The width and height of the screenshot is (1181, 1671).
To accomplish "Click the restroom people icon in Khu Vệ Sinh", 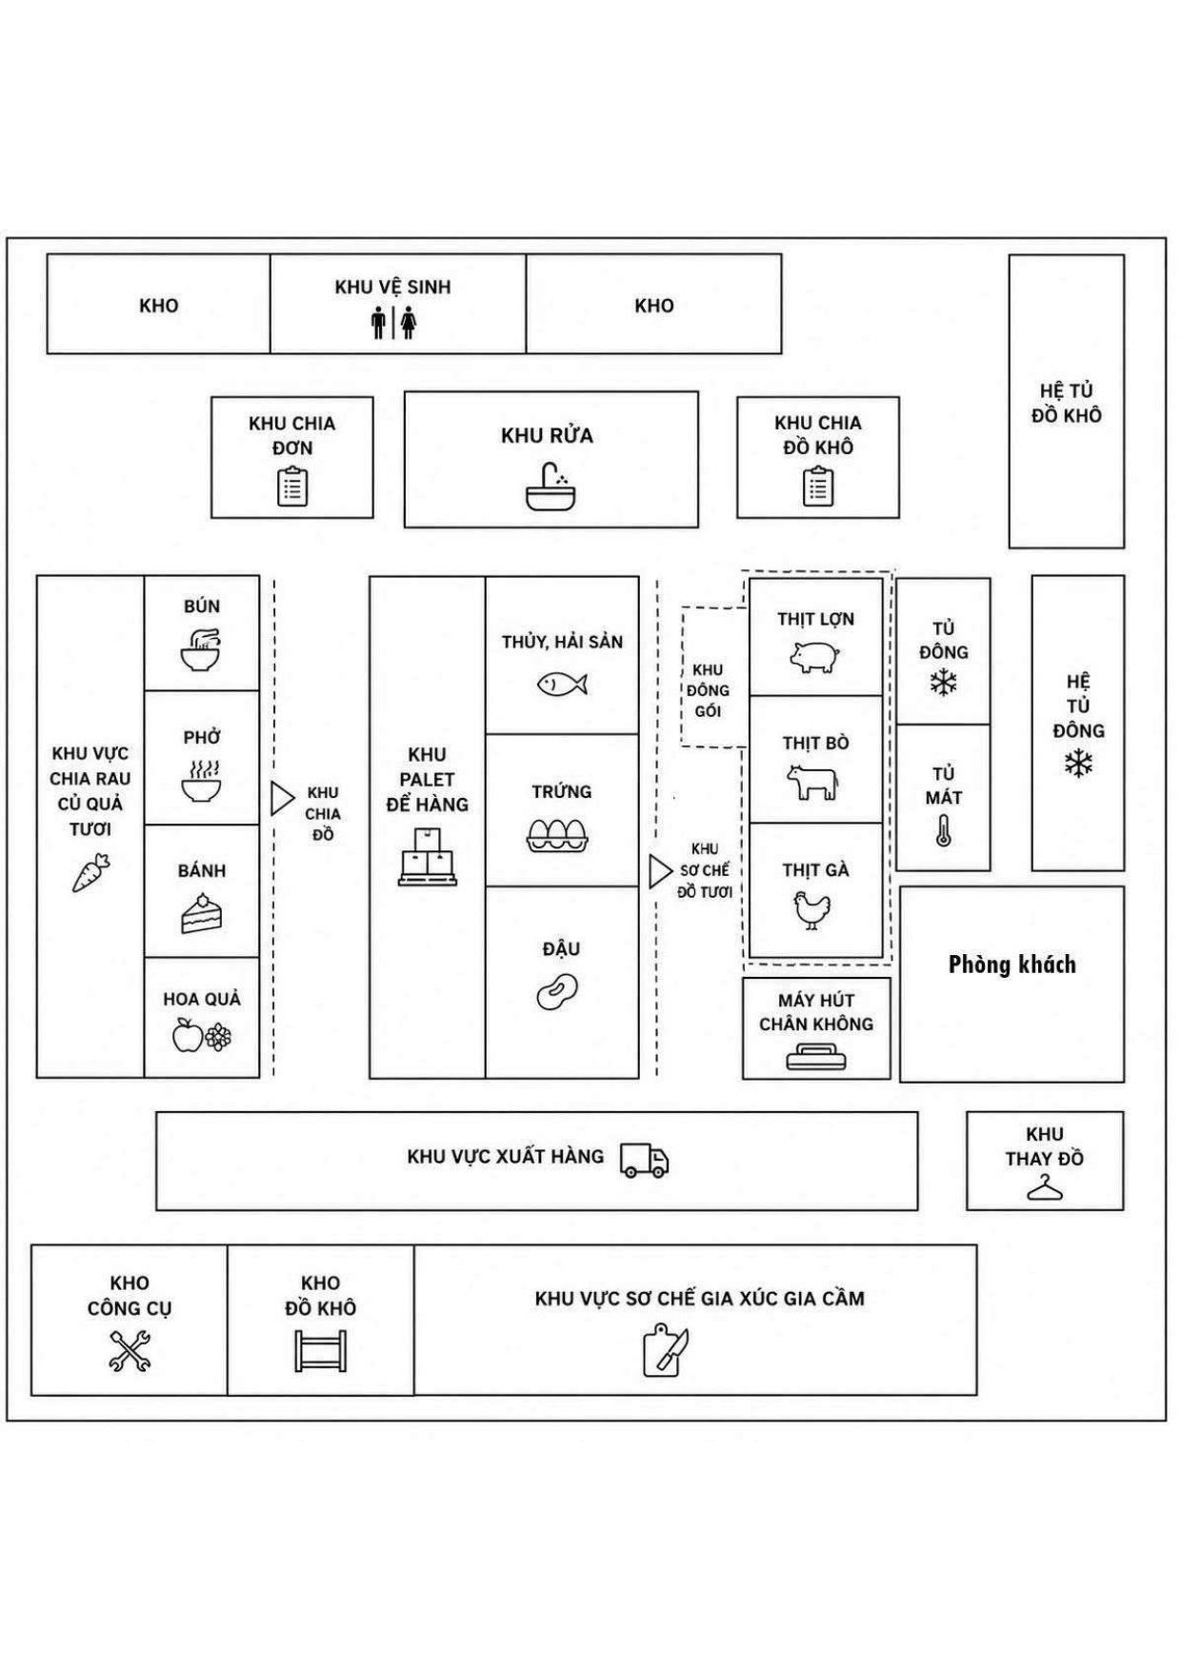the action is [393, 322].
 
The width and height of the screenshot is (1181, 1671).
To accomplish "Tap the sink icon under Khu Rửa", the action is [550, 487].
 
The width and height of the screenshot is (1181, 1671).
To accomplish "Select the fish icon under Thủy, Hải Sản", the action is [562, 684].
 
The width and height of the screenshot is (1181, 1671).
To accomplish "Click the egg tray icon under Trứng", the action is [558, 835].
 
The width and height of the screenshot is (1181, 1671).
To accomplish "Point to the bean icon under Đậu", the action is [557, 991].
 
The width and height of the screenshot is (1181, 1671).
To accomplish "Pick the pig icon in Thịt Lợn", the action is [814, 657].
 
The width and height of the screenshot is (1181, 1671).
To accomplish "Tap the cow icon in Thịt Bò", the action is [812, 782].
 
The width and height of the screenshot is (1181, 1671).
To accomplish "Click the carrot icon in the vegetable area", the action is [90, 872].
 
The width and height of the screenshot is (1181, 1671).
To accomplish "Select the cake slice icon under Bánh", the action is [201, 913].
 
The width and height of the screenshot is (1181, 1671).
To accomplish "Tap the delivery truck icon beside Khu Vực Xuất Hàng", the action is [645, 1160].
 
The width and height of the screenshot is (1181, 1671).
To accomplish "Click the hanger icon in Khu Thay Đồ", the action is [1045, 1187].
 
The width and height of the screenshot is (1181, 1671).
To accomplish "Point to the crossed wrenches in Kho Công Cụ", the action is [130, 1350].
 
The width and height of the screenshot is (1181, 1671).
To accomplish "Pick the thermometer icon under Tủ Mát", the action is [943, 830].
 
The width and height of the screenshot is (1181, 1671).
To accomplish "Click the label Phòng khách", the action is [1012, 965].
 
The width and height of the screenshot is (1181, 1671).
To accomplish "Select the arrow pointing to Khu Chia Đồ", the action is [282, 799].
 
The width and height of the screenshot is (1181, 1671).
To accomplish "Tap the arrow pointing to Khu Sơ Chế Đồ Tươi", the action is [660, 871].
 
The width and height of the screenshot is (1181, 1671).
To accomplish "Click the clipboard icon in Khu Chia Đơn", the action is [292, 487].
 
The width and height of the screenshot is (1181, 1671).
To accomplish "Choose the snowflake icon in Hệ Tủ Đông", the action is [1078, 764].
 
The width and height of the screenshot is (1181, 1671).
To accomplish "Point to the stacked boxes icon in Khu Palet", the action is [427, 857].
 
